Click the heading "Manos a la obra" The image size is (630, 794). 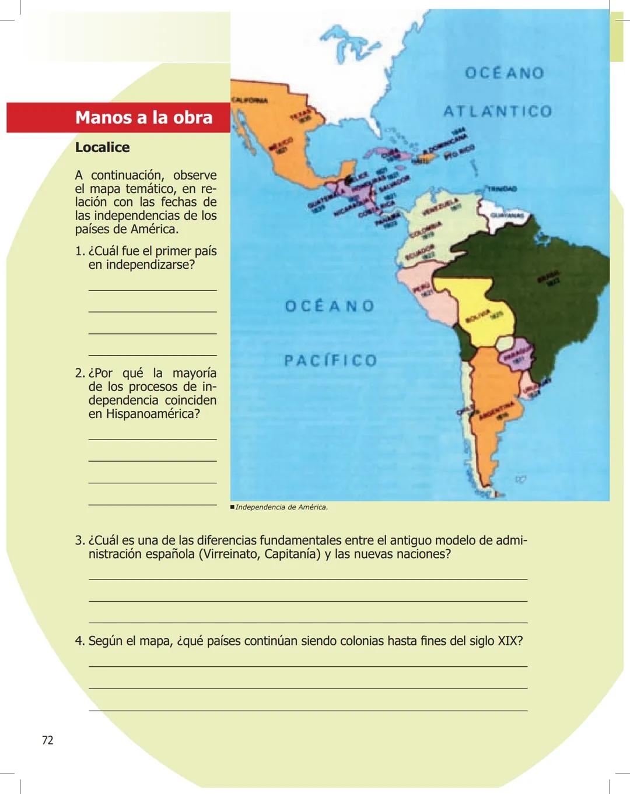pyautogui.click(x=143, y=117)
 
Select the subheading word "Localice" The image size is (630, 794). pyautogui.click(x=102, y=147)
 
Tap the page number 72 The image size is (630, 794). pyautogui.click(x=48, y=740)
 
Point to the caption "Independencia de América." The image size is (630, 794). pyautogui.click(x=281, y=507)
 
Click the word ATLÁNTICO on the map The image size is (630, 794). pyautogui.click(x=498, y=111)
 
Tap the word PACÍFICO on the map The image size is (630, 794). pyautogui.click(x=330, y=360)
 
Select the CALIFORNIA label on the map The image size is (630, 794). pyautogui.click(x=250, y=100)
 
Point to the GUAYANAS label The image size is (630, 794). pyautogui.click(x=508, y=215)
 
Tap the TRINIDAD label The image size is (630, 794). pyautogui.click(x=502, y=189)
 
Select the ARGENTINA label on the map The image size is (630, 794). pyautogui.click(x=496, y=409)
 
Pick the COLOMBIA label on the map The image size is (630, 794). pyautogui.click(x=425, y=230)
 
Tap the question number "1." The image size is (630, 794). pyautogui.click(x=80, y=251)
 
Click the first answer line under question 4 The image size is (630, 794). pyautogui.click(x=308, y=666)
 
